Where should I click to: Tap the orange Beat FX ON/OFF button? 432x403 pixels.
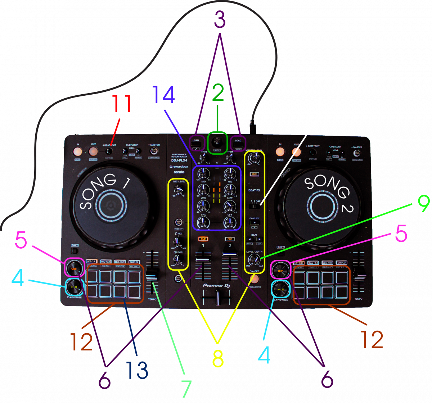tap(255, 278)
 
